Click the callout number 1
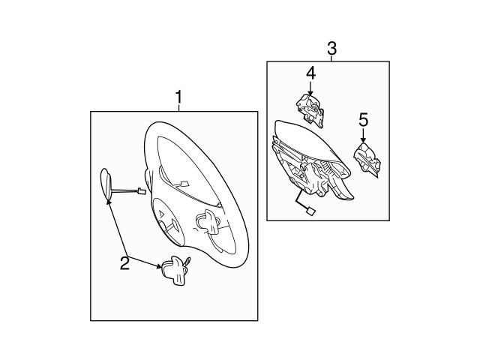click(178, 97)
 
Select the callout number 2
click(124, 263)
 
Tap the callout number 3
click(331, 48)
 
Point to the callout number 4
click(310, 73)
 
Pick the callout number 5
click(363, 120)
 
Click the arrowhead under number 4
click(310, 92)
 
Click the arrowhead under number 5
click(363, 140)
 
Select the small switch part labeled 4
click(310, 110)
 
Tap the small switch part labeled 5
click(367, 159)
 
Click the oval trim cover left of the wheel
click(106, 184)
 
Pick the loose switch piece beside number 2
click(175, 270)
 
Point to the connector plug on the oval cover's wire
click(141, 191)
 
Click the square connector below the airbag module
click(310, 211)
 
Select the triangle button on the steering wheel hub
click(162, 213)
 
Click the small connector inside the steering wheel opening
click(184, 184)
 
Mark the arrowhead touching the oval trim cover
click(109, 202)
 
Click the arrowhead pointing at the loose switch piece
click(158, 266)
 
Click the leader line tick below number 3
click(331, 58)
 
